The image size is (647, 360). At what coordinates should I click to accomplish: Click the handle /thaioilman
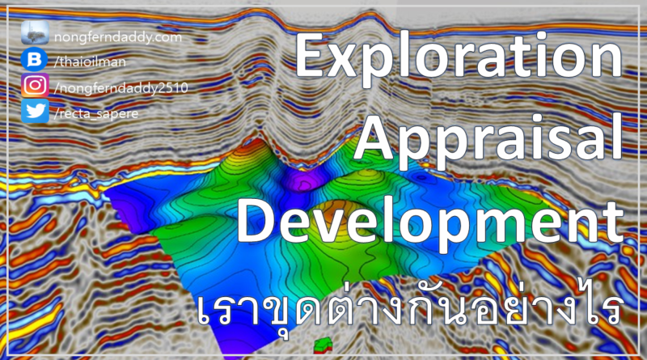87,61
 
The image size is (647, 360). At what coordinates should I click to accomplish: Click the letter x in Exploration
349,65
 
